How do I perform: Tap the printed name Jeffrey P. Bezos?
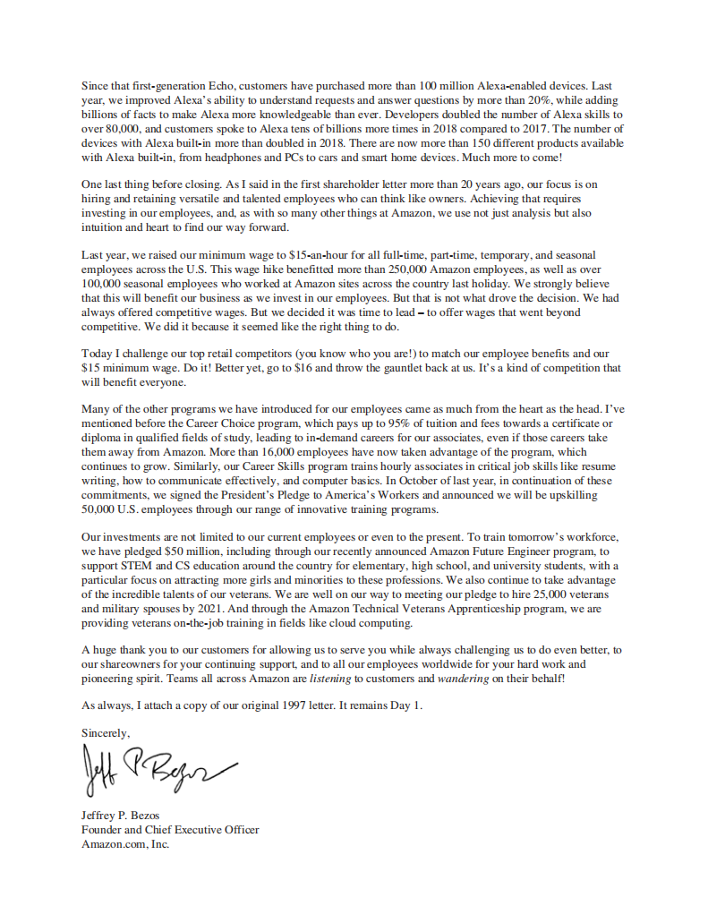[x=120, y=816]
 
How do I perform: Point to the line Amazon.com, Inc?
[x=125, y=843]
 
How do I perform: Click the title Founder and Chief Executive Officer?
[x=170, y=830]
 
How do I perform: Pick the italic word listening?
[x=331, y=678]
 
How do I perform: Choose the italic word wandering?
[x=463, y=678]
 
